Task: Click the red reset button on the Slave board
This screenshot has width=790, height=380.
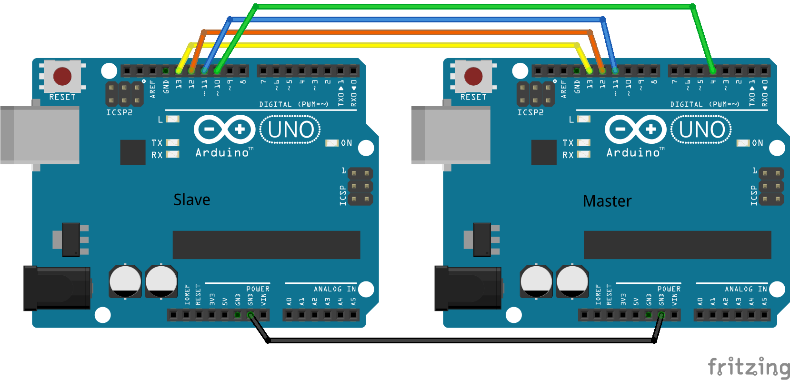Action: pyautogui.click(x=62, y=76)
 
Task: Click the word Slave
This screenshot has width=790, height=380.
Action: pyautogui.click(x=192, y=200)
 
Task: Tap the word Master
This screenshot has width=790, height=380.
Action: pyautogui.click(x=607, y=201)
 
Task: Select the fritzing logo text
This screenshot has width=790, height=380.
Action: pyautogui.click(x=749, y=367)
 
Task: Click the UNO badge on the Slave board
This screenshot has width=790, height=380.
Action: pyautogui.click(x=290, y=130)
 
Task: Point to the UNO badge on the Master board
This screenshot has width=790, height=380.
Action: pyautogui.click(x=701, y=130)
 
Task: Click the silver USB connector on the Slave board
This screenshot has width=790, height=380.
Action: pyautogui.click(x=40, y=135)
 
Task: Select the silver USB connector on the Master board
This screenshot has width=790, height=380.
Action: pyautogui.click(x=451, y=135)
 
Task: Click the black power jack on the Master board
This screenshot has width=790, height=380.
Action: pyautogui.click(x=469, y=288)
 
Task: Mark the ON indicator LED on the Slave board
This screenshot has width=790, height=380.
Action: pyautogui.click(x=332, y=143)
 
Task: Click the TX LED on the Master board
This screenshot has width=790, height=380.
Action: pyautogui.click(x=584, y=142)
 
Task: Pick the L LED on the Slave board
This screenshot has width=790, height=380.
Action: pyautogui.click(x=172, y=119)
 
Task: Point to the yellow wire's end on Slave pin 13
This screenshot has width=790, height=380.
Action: pyautogui.click(x=179, y=71)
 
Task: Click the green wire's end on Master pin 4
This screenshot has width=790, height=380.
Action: pyautogui.click(x=713, y=71)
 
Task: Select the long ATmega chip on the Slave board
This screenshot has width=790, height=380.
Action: pyautogui.click(x=266, y=245)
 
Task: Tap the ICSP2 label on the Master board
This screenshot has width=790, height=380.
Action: pyautogui.click(x=530, y=112)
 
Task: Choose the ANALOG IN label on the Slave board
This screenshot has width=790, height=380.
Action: pyautogui.click(x=335, y=289)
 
